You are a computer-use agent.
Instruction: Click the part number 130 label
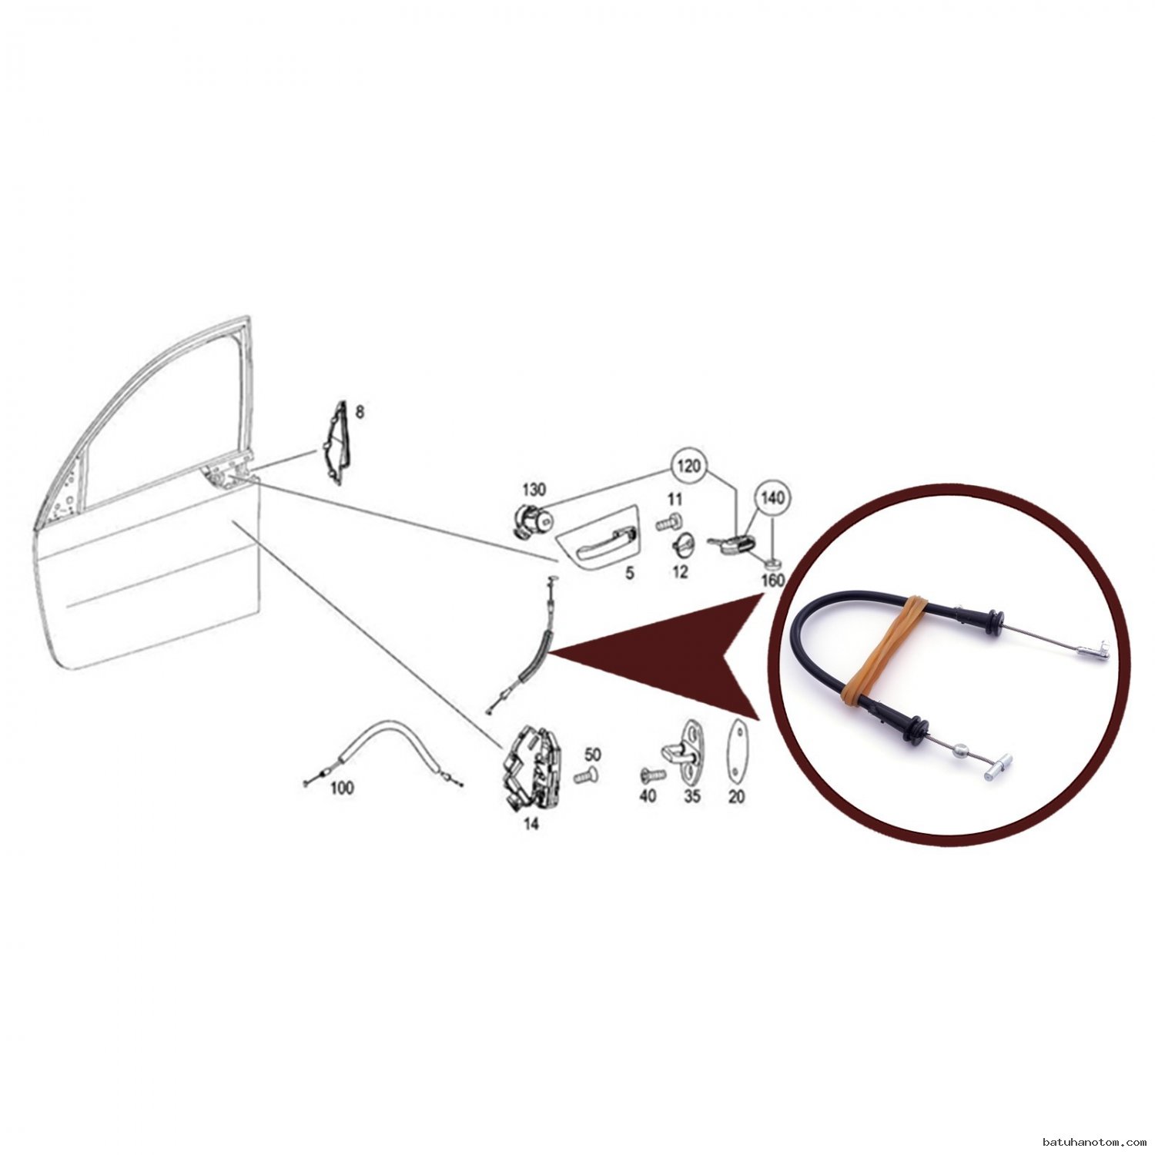[x=534, y=490]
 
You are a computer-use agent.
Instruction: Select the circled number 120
[x=690, y=467]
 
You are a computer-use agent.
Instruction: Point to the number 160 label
[x=772, y=580]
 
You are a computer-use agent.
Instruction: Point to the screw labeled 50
[x=587, y=775]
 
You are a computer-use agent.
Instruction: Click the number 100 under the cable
[x=342, y=788]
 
